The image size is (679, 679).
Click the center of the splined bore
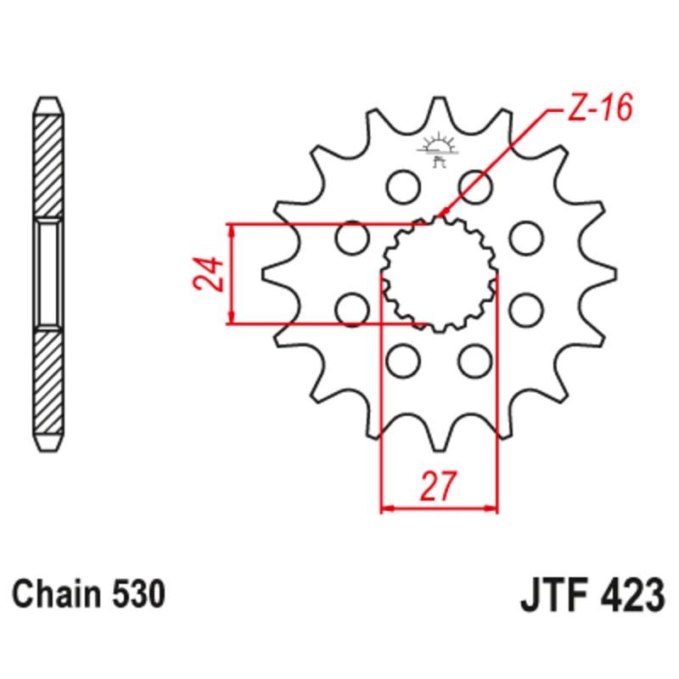pos(439,274)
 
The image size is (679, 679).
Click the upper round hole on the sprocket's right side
pos(527,237)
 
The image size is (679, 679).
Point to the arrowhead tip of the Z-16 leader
pos(436,218)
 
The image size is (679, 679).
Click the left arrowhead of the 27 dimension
pos(383,509)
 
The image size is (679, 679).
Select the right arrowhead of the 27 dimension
pos(494,509)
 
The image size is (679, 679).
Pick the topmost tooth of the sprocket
pos(439,109)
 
